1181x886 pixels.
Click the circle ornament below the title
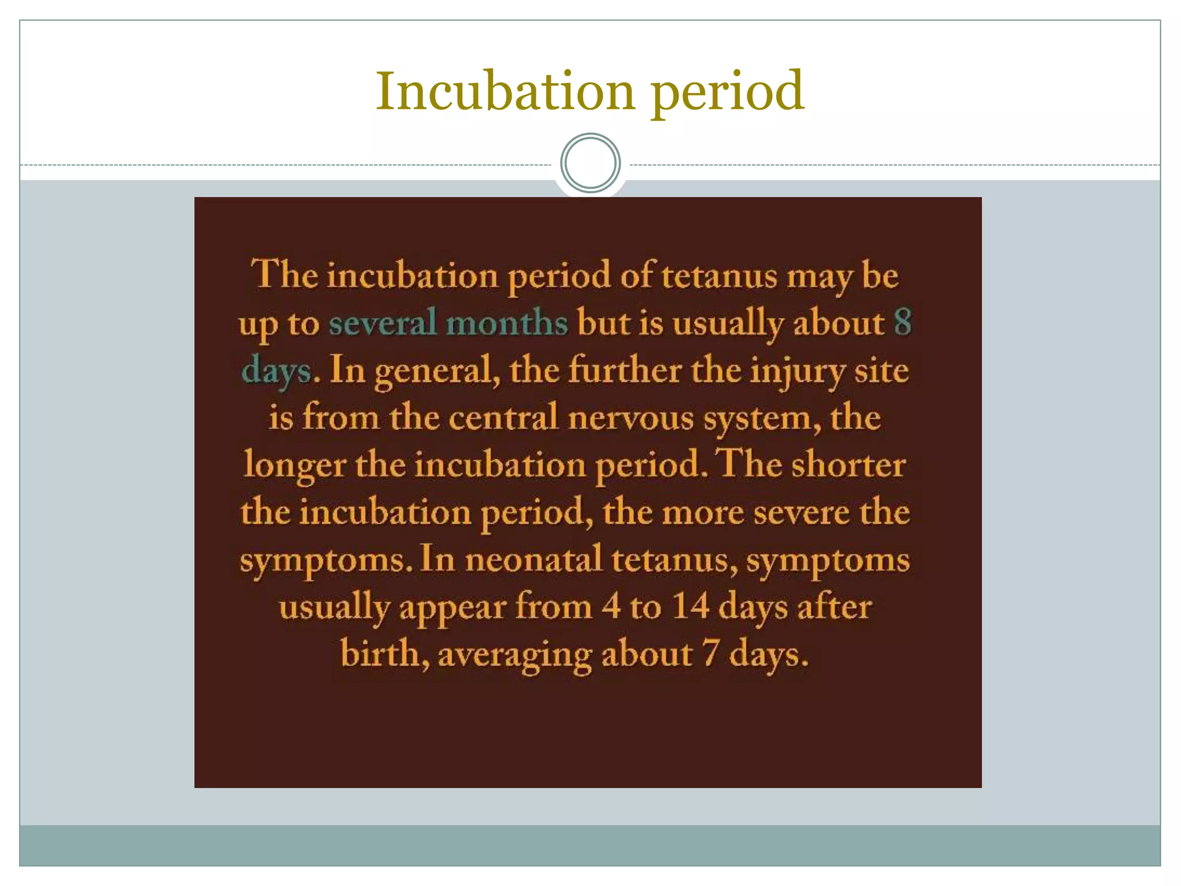pyautogui.click(x=590, y=163)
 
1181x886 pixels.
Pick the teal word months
pyautogui.click(x=507, y=322)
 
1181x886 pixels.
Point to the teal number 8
pyautogui.click(x=902, y=322)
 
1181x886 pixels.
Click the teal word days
pyautogui.click(x=277, y=371)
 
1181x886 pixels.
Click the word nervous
pyautogui.click(x=630, y=418)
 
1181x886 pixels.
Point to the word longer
pyautogui.click(x=294, y=465)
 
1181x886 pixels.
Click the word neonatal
pyautogui.click(x=533, y=560)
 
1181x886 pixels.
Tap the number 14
pyautogui.click(x=690, y=607)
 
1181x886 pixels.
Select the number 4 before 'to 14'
pyautogui.click(x=611, y=607)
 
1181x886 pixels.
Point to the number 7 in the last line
pyautogui.click(x=710, y=655)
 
